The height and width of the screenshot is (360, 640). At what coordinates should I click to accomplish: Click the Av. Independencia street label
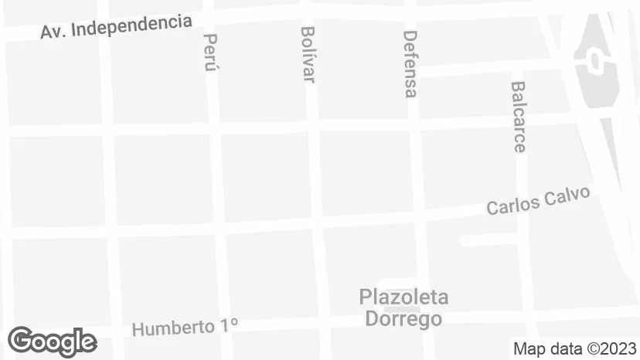(116, 27)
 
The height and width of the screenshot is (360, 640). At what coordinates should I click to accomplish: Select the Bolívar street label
(308, 54)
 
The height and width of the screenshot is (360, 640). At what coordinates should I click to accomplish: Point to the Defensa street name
(410, 63)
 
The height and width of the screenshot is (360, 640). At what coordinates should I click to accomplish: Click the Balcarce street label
(518, 117)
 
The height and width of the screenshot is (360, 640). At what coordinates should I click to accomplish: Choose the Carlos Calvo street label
(538, 201)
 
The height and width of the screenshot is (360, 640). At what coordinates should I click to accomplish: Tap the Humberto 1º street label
(184, 327)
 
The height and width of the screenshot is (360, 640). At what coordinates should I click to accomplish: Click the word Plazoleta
(403, 297)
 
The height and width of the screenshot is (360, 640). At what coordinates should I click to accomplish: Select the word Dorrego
(403, 318)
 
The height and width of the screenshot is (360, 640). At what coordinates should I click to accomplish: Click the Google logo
(52, 341)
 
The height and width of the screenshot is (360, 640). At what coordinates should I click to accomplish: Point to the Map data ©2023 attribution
(574, 348)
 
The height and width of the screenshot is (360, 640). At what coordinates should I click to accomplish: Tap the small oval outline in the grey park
(596, 59)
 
